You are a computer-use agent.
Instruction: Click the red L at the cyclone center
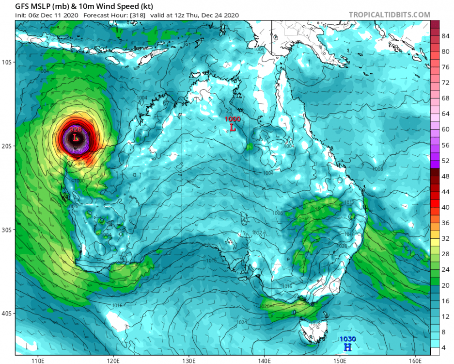(x=76, y=138)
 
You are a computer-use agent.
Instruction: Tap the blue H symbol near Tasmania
(x=347, y=347)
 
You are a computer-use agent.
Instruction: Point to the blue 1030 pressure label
(x=347, y=339)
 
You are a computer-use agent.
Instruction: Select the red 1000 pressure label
(x=232, y=119)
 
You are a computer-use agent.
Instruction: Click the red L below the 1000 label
(x=233, y=128)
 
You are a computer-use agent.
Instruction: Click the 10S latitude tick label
(x=8, y=62)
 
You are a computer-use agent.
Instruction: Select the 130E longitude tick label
(x=189, y=361)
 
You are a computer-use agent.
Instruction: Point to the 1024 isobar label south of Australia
(x=242, y=322)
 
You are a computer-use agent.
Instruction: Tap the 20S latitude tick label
(x=8, y=146)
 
